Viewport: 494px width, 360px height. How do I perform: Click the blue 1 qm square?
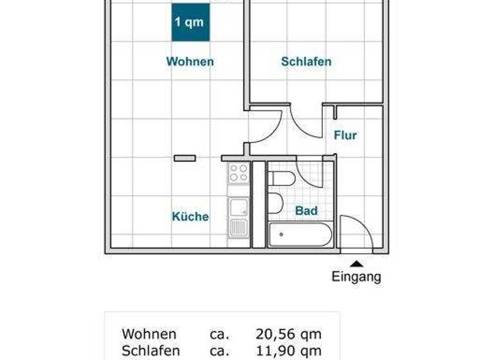[190, 22]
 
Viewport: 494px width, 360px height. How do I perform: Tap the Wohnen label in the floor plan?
[190, 62]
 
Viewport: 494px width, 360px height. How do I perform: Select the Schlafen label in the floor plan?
[306, 62]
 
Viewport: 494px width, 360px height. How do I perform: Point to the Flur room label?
[345, 136]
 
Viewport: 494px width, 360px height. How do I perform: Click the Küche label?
[190, 217]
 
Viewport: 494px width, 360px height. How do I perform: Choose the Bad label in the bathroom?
[306, 211]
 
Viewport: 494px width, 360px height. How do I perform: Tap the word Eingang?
[356, 277]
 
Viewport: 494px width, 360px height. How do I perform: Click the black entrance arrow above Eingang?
[356, 262]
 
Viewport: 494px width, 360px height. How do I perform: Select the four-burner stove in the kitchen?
[239, 172]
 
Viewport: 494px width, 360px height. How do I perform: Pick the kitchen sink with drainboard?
[239, 216]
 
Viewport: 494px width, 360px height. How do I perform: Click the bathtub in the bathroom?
[300, 235]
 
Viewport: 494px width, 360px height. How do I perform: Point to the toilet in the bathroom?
[280, 178]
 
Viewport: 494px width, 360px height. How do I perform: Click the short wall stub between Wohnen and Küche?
[185, 157]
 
